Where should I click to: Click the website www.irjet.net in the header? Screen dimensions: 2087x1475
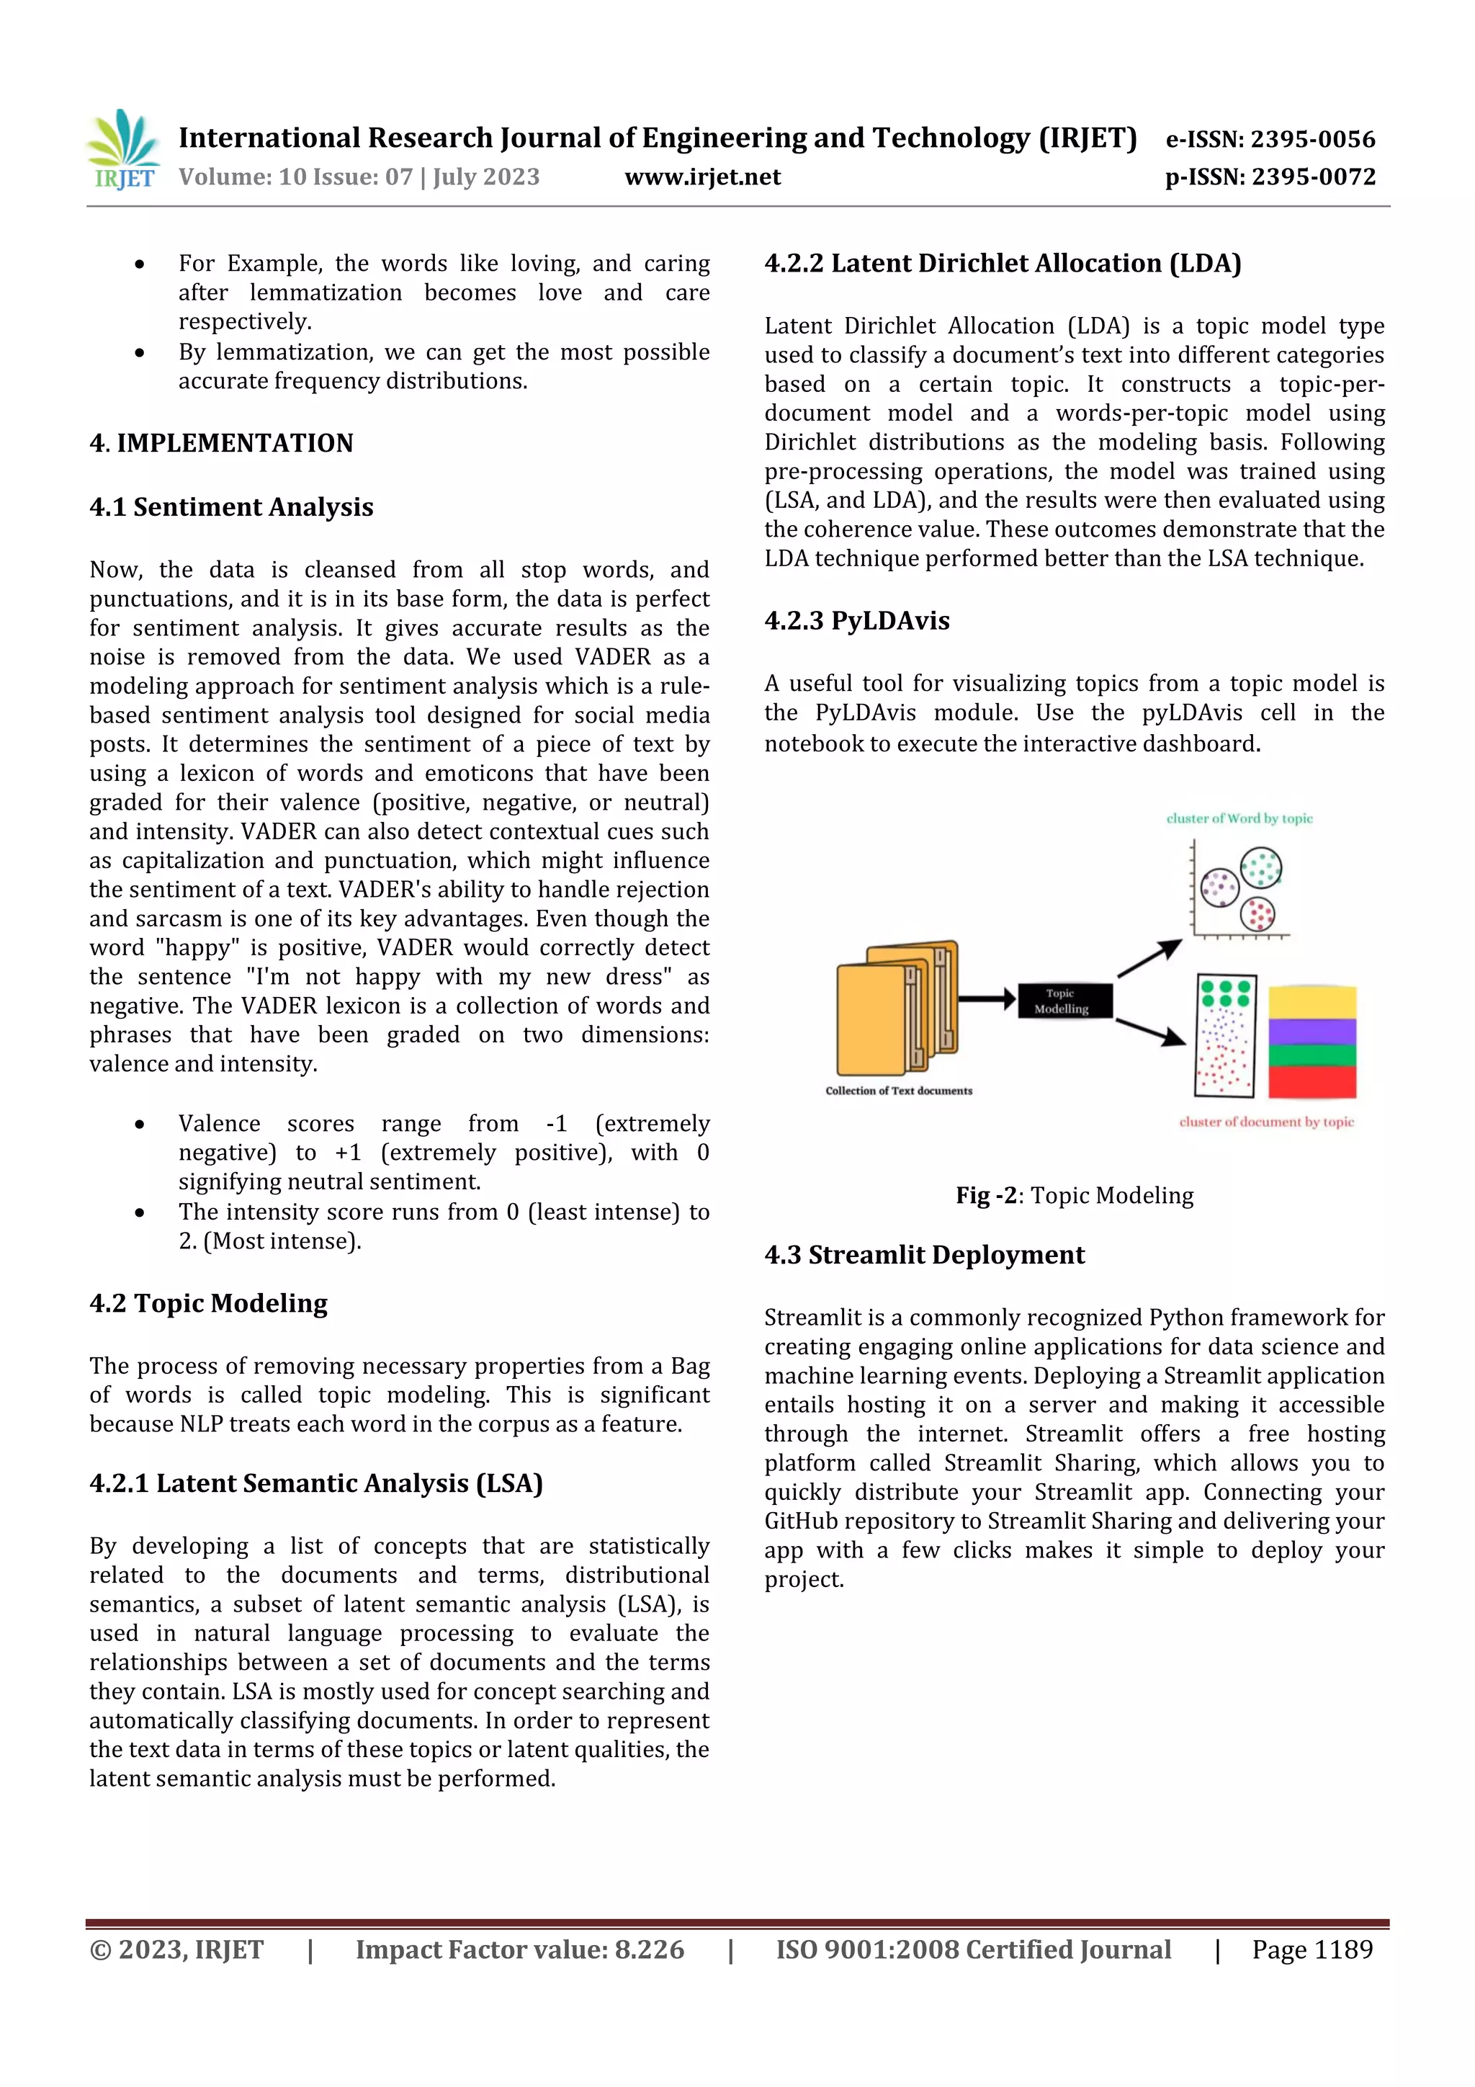click(701, 176)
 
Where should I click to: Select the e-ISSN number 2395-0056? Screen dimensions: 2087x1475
click(1312, 139)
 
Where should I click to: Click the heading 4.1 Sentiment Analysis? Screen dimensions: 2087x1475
click(231, 506)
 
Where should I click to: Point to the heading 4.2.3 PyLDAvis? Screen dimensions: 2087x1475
click(856, 620)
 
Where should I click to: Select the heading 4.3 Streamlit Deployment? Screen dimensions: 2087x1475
click(923, 1254)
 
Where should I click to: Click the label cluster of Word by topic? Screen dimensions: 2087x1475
click(1239, 818)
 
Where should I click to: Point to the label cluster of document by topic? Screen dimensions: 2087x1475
click(1266, 1122)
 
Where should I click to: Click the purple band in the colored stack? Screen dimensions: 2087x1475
click(1312, 1032)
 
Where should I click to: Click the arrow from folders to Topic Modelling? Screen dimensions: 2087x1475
click(986, 999)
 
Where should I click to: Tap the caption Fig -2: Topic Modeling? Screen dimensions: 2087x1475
click(1075, 1195)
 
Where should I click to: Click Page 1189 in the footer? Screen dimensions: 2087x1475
click(1312, 1949)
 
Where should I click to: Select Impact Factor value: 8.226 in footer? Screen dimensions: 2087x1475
click(519, 1949)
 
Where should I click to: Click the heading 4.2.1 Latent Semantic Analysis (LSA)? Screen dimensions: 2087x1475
click(315, 1483)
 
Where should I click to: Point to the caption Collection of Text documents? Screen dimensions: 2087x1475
click(898, 1091)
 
